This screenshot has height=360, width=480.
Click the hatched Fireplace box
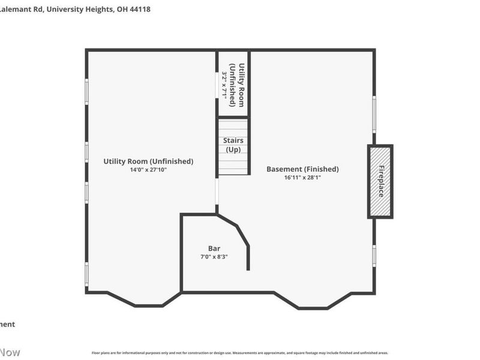(x=380, y=182)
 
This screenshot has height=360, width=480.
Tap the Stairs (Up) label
(x=233, y=145)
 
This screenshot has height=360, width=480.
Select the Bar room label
(x=214, y=248)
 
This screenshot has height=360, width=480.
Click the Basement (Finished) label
(x=302, y=169)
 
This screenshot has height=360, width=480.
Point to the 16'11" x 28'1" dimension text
(x=302, y=178)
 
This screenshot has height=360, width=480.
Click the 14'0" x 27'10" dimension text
(x=148, y=170)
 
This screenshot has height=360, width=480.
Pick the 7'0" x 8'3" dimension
(x=214, y=257)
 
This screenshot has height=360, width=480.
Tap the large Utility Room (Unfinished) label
(x=148, y=161)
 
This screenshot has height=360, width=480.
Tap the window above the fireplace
(x=374, y=114)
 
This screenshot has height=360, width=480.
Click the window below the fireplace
(x=374, y=256)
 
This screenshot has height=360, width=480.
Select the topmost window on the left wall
(x=86, y=92)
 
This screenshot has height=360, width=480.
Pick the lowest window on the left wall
(x=86, y=274)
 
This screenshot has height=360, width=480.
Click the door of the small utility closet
(x=217, y=85)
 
